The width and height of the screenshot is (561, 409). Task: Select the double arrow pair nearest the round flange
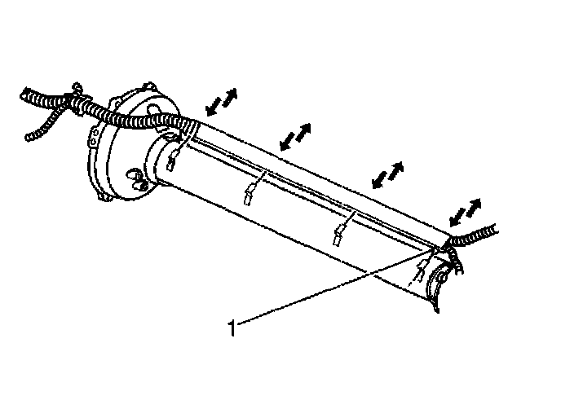[x=220, y=101]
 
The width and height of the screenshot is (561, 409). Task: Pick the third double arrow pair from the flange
[x=387, y=174]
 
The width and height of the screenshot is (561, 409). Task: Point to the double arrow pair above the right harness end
[x=463, y=212]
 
